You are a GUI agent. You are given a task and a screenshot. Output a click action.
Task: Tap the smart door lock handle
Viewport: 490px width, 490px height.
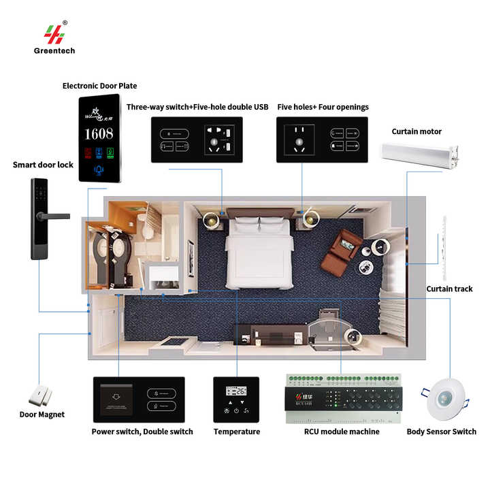point(54,216)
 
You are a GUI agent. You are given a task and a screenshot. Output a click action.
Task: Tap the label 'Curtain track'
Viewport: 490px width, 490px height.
point(449,289)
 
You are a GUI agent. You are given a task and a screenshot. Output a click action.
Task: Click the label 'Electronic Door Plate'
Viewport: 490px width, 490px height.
point(99,86)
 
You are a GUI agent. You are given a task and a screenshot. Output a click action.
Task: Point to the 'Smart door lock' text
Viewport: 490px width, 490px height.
point(42,165)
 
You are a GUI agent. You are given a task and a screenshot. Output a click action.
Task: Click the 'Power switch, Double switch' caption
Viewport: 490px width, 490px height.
point(142,431)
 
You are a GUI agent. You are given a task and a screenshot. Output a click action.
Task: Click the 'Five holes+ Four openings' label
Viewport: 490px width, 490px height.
point(323,107)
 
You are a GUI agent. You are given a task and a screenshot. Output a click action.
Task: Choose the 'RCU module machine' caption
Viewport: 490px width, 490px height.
point(342,431)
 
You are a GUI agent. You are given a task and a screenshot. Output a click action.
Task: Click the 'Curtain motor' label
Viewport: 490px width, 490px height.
point(416,131)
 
